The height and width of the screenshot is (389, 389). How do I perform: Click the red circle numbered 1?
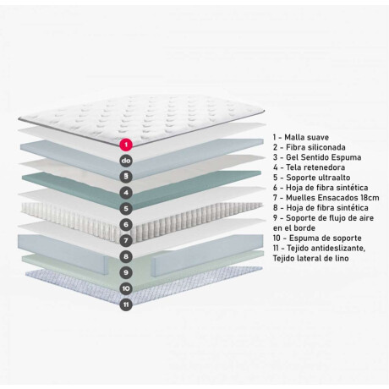(x=126, y=145)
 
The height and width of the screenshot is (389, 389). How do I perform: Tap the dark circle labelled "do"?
(x=126, y=161)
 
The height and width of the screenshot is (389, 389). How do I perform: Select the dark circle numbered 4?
(x=126, y=193)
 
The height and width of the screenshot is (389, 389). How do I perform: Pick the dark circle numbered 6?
(x=126, y=225)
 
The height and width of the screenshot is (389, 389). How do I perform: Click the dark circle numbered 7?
(x=126, y=240)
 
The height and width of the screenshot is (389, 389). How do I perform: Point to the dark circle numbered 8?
(x=126, y=256)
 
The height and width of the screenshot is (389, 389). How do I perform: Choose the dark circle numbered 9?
(x=126, y=272)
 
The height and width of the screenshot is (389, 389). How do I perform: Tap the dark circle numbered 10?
(x=126, y=288)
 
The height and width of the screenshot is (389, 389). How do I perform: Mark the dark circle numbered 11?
(x=126, y=304)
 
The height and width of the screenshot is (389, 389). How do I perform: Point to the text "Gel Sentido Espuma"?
(x=324, y=157)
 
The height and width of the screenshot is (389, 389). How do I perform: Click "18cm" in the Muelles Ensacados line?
(x=370, y=198)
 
